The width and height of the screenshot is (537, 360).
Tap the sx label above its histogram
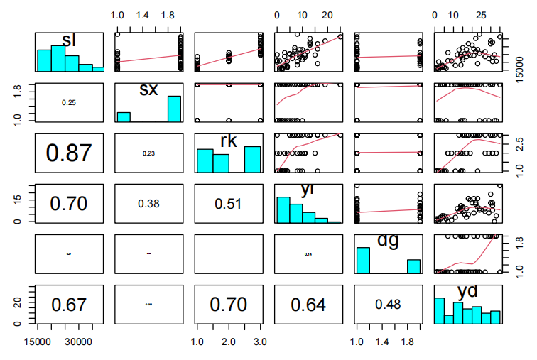148,89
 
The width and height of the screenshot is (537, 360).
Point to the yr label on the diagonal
308,188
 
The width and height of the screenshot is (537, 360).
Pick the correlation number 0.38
148,202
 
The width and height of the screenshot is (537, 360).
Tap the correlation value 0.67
69,305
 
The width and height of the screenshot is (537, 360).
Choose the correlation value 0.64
308,305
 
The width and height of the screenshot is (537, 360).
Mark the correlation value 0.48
387,305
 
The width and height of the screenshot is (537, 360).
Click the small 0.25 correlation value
69,103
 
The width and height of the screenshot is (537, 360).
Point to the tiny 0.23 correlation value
148,152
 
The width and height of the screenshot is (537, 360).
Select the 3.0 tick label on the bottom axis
259,343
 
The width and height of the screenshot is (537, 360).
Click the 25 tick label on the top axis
481,15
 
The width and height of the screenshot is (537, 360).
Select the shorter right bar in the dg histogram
413,266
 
